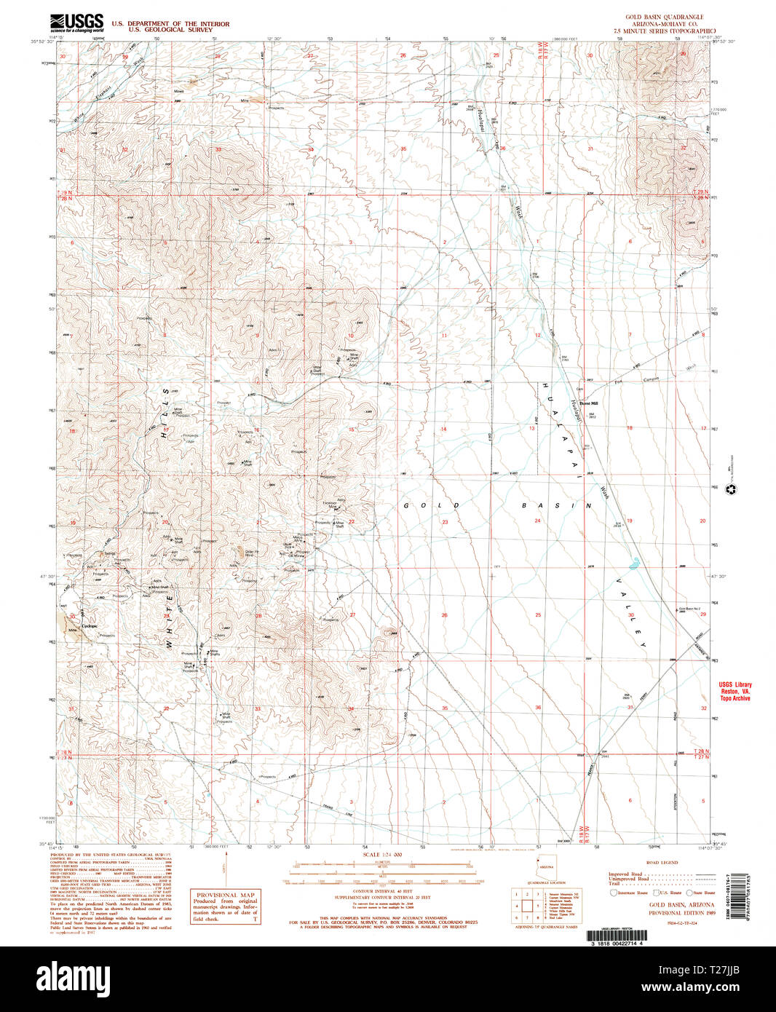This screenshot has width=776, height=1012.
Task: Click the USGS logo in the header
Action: (76, 23)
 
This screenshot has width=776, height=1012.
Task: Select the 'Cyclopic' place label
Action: (90, 625)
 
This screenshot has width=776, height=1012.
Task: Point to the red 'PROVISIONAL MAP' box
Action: (225, 907)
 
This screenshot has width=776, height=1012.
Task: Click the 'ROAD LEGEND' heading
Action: (662, 862)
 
